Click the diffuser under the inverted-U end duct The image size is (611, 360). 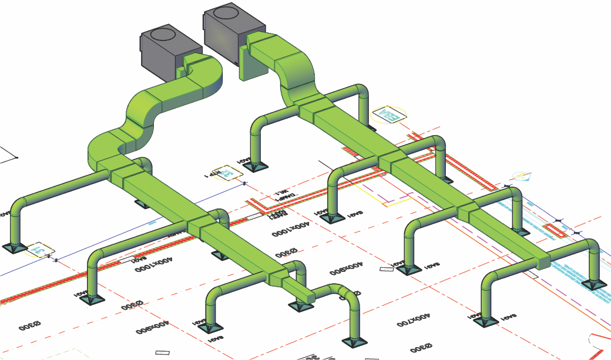click(x=355, y=341)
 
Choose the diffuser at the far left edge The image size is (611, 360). click(x=14, y=247)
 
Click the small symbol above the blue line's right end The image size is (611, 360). click(x=521, y=175)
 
